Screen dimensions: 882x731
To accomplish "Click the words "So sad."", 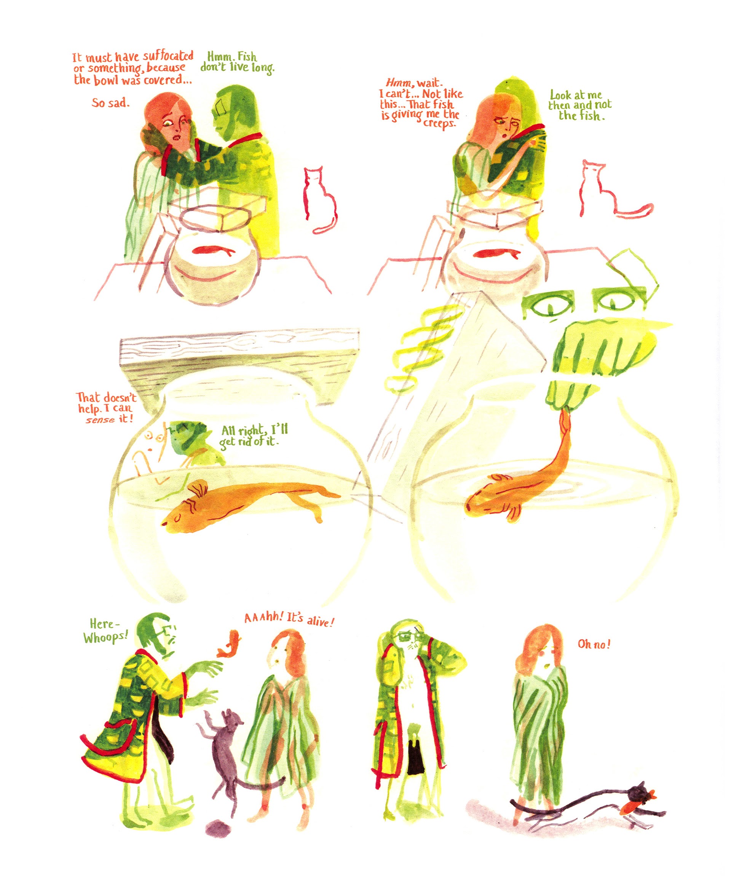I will point(110,103).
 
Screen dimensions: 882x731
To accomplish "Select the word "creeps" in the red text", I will point(439,123).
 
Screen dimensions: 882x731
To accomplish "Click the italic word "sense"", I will point(100,419).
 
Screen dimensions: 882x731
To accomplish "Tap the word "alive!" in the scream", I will point(320,621).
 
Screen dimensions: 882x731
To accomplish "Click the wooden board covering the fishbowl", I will point(239,353).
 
